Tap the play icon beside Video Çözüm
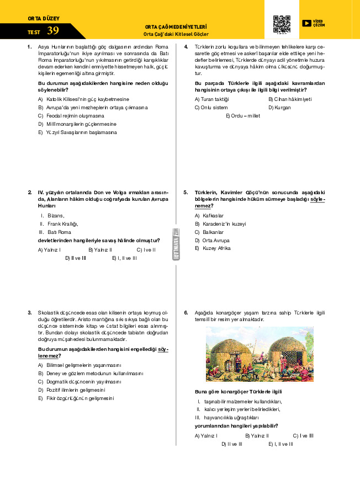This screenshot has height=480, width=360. (306, 23)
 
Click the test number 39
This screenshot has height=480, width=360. (53, 30)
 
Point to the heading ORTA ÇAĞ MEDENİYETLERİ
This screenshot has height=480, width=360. (176, 26)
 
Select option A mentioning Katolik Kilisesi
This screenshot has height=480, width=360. (83, 99)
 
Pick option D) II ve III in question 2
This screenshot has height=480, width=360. (76, 258)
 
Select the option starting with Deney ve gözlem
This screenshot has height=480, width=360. (91, 374)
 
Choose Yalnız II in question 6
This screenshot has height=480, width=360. (257, 436)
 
